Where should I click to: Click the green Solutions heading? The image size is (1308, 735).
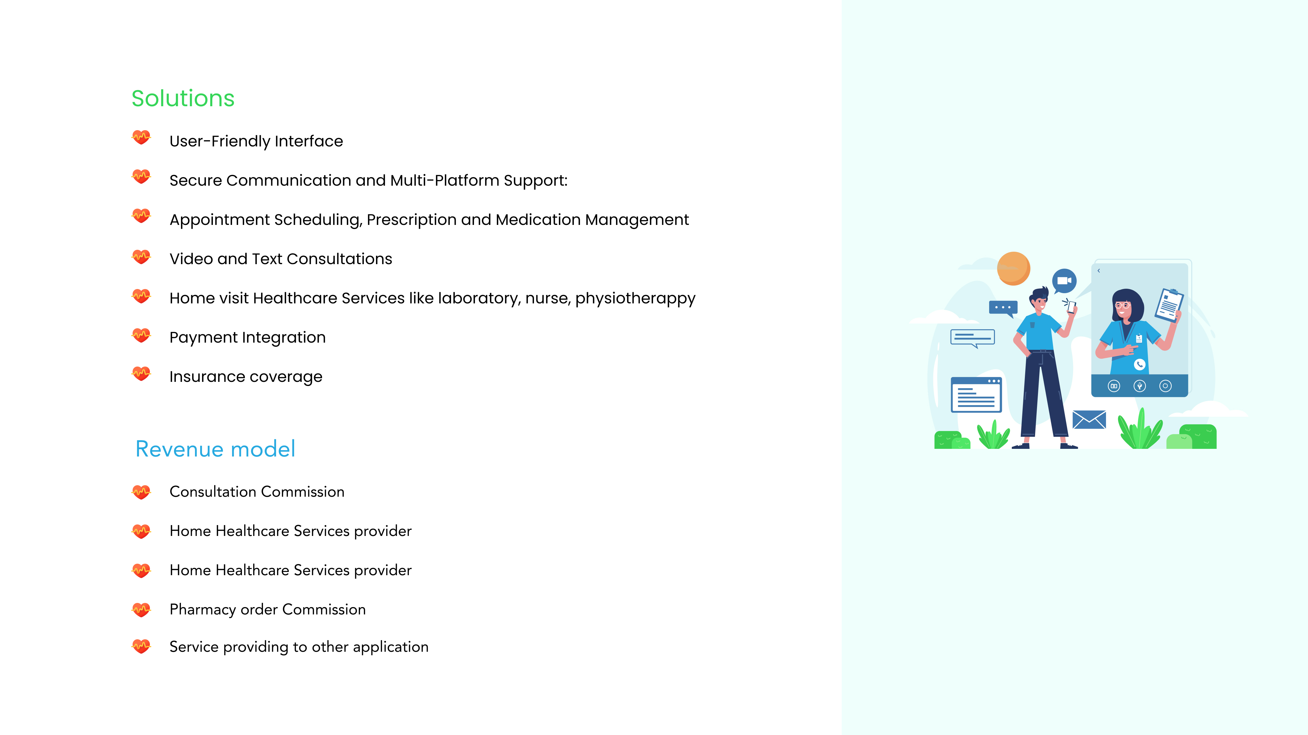point(183,99)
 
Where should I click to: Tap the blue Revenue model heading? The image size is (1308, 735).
point(215,449)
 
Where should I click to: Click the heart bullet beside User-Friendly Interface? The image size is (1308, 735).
point(141,137)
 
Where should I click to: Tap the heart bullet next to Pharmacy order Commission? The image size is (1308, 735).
point(141,609)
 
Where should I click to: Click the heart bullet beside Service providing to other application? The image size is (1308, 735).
point(141,646)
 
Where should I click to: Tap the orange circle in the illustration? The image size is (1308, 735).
point(1013,268)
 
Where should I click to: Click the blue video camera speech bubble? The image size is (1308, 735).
point(1064,281)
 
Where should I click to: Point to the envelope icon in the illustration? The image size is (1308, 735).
point(1089,419)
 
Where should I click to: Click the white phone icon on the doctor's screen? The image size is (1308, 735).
point(1139,364)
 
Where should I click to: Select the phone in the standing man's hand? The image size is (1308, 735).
point(1071,306)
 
